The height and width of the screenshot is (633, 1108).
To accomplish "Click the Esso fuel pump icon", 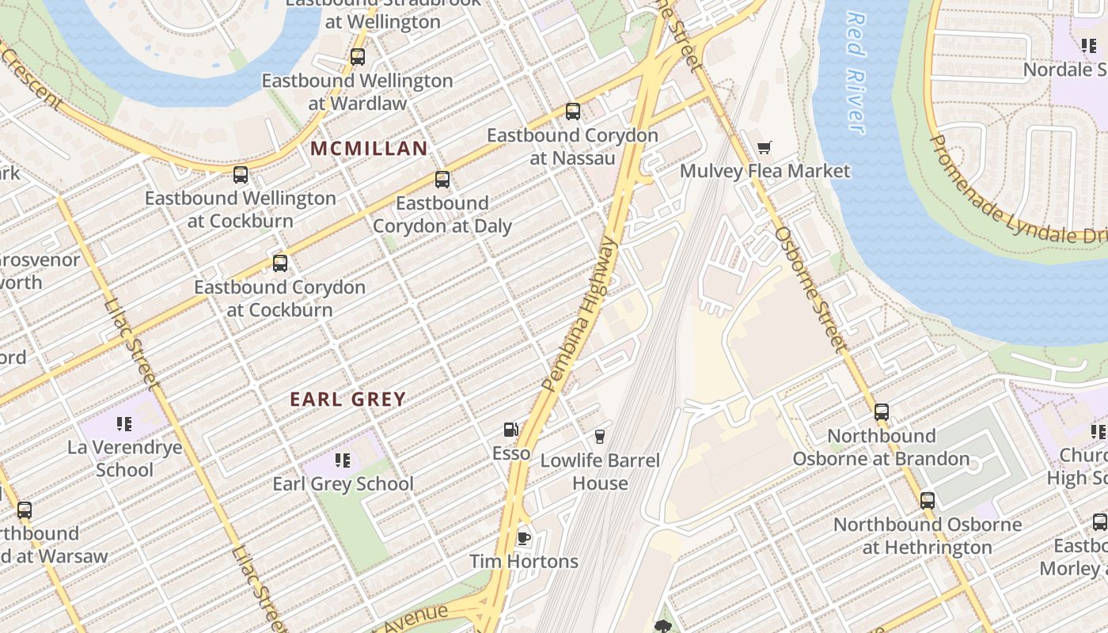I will (x=510, y=430).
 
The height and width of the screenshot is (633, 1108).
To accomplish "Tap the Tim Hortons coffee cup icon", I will (x=523, y=538).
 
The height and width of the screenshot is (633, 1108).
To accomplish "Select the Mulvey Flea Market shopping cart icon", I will (x=764, y=147).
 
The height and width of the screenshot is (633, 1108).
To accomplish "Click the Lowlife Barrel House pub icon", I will (x=599, y=436).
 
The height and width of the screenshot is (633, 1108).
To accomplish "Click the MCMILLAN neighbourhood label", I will (x=369, y=148).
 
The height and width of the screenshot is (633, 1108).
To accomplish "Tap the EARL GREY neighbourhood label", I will (x=347, y=400).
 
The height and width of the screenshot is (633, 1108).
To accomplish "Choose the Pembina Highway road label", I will (x=580, y=313).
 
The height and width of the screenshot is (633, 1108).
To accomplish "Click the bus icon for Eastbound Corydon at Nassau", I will (x=572, y=112).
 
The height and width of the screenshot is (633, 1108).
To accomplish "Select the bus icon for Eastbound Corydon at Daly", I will (x=442, y=180).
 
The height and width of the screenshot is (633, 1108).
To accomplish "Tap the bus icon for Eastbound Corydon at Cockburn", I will (x=279, y=263).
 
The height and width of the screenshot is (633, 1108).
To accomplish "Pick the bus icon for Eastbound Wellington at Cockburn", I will (x=240, y=175).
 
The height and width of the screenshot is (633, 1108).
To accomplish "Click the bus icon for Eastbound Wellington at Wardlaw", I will (x=357, y=57).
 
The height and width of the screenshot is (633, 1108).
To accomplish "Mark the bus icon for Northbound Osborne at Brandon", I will (x=881, y=412).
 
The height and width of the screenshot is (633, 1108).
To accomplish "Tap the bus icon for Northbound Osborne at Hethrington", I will (x=927, y=501).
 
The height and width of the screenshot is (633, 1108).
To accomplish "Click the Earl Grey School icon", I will (x=343, y=460).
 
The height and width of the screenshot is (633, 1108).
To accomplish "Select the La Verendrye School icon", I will (x=123, y=424).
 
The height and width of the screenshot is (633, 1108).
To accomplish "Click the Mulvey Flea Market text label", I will (x=765, y=171).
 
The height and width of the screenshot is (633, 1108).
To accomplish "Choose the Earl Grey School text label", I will (x=343, y=484).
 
